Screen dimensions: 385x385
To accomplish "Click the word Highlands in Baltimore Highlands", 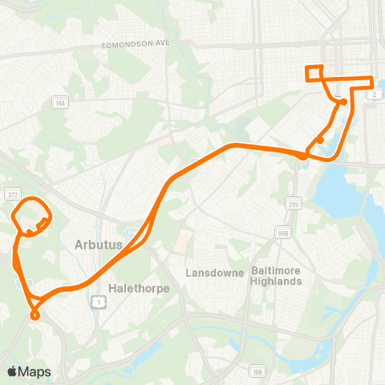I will (275, 282).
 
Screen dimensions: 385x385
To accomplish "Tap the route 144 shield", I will (59, 103).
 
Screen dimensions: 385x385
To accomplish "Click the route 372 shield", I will (11, 194).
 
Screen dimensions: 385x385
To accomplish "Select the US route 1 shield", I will (97, 300).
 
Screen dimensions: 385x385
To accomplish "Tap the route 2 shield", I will (375, 95).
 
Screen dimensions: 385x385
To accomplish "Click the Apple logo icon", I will (13, 371).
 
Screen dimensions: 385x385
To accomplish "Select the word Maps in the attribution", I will (35, 371).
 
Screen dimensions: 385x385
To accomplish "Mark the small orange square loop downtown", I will (314, 73).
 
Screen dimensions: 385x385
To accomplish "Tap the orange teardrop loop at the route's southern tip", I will (34, 309).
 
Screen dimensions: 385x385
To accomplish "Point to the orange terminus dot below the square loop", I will (342, 102).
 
